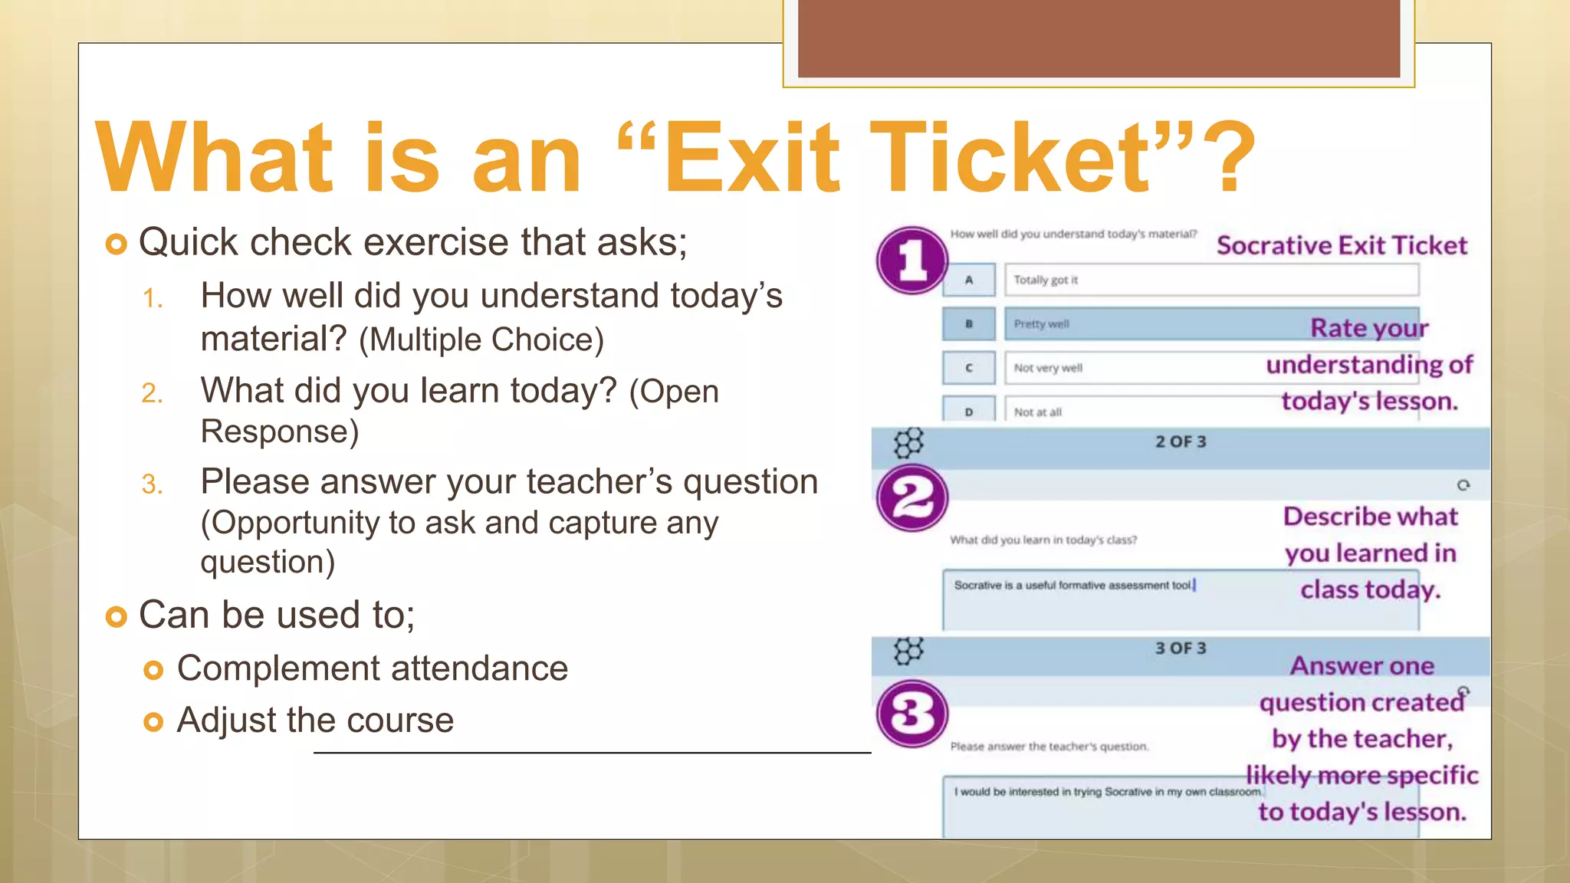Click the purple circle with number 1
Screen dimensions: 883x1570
click(x=911, y=261)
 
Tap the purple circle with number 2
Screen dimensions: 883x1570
click(x=911, y=498)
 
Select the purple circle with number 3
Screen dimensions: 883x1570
click(x=911, y=714)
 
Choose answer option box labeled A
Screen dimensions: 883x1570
click(x=969, y=280)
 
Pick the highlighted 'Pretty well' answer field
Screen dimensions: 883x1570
click(x=1150, y=324)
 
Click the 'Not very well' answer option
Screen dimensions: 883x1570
click(x=1048, y=368)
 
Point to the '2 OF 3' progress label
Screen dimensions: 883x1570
click(x=1181, y=441)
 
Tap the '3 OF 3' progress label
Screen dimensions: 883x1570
click(x=1181, y=648)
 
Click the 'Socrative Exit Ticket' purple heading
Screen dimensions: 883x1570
click(x=1342, y=245)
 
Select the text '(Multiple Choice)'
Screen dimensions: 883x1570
click(x=481, y=340)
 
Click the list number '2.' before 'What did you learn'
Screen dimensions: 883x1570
click(x=152, y=393)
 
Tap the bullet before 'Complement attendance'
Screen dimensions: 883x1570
click(x=153, y=671)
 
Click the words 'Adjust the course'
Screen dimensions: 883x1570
click(x=315, y=720)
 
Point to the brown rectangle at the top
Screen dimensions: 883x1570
click(x=1099, y=38)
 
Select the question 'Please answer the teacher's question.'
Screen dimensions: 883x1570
click(x=1049, y=747)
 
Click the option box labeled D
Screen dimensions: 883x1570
click(x=969, y=411)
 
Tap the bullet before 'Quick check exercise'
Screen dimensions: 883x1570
click(x=116, y=245)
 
